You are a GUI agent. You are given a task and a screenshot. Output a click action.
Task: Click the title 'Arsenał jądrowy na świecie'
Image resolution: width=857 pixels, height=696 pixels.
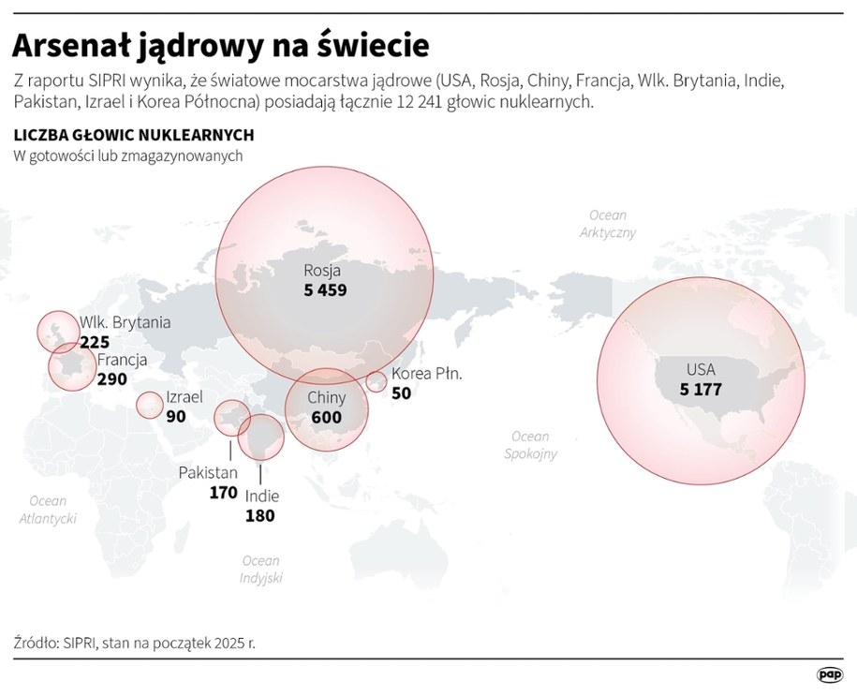[x=221, y=44]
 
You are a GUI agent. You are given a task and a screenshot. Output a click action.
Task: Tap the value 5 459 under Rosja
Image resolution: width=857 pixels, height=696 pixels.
[x=325, y=290]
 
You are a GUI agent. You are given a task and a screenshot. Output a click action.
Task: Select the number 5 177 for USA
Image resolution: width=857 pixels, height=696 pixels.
[x=701, y=389]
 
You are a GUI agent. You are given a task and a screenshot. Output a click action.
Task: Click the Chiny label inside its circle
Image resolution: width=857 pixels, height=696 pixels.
[x=327, y=398]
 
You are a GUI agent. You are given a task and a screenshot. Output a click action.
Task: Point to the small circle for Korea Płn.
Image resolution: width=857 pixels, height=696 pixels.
[x=377, y=381]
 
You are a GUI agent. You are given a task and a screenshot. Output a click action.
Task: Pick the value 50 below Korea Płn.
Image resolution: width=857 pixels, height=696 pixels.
[x=401, y=393]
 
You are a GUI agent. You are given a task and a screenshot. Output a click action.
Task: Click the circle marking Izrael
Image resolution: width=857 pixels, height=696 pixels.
[x=149, y=405]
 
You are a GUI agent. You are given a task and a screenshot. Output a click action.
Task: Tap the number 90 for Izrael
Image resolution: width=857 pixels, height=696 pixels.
[x=176, y=416]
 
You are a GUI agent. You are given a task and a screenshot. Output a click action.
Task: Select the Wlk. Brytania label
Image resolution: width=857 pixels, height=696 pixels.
[x=125, y=322]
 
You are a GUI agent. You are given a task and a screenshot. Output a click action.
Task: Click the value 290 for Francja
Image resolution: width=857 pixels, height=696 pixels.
[x=111, y=379]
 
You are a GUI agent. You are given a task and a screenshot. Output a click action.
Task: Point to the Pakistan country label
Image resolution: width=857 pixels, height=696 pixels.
[x=208, y=472]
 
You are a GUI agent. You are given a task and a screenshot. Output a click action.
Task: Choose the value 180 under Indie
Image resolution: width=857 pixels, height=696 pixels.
[x=259, y=515]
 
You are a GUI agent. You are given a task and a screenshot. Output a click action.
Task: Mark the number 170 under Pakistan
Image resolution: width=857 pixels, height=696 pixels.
[x=223, y=492]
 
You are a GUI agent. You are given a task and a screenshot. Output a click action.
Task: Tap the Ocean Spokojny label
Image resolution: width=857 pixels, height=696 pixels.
[x=530, y=445]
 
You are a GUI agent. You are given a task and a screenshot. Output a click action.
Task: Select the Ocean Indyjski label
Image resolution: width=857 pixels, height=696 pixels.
[x=260, y=570]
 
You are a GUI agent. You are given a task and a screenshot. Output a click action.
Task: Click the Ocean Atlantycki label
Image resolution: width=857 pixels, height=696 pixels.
[x=48, y=510]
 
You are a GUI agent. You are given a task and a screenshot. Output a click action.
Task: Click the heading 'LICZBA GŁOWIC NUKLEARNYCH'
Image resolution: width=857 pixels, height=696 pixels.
[x=134, y=135]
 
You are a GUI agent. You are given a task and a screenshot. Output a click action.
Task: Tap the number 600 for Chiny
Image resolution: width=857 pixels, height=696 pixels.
[x=326, y=418]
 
